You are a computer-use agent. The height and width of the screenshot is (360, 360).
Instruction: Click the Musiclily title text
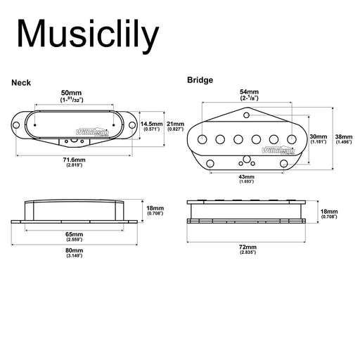tap(89, 35)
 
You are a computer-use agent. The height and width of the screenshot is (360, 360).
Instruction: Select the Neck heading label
tap(21, 83)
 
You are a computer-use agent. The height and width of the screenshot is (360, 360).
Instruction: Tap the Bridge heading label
tap(200, 80)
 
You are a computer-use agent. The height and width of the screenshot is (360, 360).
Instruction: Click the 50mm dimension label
tap(71, 93)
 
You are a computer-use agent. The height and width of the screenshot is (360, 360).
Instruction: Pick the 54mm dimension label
tap(249, 92)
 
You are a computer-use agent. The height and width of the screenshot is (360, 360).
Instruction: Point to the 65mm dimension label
tap(74, 233)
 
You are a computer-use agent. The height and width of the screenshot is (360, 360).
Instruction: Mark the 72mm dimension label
tap(247, 247)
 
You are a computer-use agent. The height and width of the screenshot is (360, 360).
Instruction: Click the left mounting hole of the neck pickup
tap(20, 126)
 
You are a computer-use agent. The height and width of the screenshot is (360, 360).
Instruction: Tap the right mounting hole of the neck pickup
tap(131, 126)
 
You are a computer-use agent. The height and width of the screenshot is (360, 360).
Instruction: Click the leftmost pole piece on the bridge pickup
tap(202, 138)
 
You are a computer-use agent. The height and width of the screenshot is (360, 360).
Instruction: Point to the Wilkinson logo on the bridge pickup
tap(274, 150)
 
